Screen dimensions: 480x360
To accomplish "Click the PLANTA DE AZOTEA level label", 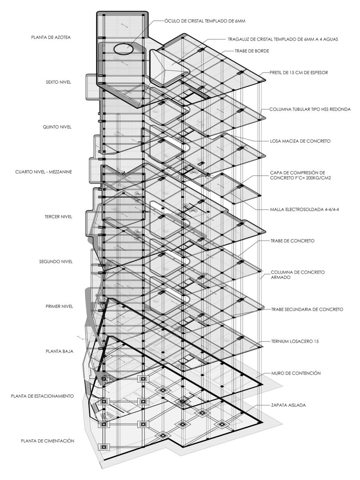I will (51, 37).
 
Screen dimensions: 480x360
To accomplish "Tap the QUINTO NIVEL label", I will (57, 127).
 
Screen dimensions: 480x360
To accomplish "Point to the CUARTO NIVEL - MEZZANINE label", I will (44, 172).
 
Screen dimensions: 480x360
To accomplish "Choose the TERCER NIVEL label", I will (58, 217).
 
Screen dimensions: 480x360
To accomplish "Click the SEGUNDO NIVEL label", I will (56, 262).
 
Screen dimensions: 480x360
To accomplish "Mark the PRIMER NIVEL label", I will (59, 306).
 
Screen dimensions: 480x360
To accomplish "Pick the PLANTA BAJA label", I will (60, 351).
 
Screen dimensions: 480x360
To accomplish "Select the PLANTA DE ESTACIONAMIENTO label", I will (43, 396).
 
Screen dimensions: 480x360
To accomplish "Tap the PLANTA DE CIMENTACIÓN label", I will (48, 441).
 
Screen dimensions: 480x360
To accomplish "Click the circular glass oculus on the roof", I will (123, 48).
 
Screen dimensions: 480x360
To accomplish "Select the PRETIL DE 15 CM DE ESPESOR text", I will (299, 72).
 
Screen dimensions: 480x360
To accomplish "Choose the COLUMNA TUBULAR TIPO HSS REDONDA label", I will (310, 109).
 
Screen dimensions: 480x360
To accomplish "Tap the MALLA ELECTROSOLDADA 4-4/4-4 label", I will (300, 210).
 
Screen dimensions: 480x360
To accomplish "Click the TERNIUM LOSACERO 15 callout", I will (295, 342).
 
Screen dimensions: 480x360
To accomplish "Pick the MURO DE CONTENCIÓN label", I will (296, 373).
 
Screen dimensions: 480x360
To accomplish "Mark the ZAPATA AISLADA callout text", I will (288, 405).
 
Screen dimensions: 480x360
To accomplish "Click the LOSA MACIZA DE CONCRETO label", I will (300, 141).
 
